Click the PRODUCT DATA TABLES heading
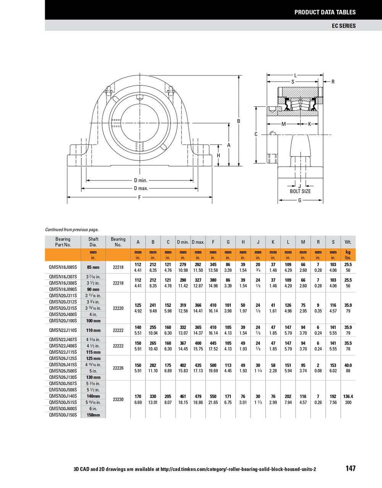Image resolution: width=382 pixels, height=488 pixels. [x=325, y=12]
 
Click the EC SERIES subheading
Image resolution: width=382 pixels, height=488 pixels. [x=343, y=26]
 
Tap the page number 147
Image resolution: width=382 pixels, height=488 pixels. [x=350, y=468]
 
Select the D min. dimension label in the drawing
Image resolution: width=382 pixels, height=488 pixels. [x=140, y=180]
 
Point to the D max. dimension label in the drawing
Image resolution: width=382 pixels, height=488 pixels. [x=141, y=188]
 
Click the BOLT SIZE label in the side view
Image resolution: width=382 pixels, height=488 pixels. [x=300, y=191]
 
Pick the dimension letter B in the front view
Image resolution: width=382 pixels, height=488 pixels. [x=239, y=121]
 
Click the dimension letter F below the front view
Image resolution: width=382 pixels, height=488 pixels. [x=139, y=197]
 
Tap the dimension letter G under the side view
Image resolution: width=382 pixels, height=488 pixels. [x=299, y=200]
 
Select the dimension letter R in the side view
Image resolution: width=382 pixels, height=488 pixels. [x=333, y=82]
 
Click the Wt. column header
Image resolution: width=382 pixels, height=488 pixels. [x=348, y=242]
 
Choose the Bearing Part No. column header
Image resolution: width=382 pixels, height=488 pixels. [x=63, y=242]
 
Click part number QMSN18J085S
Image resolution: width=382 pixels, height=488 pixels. [x=63, y=267]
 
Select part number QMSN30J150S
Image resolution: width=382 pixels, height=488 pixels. [x=63, y=415]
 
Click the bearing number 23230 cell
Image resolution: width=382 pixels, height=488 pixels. [x=118, y=399]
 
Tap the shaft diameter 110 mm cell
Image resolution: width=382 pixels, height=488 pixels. [x=93, y=330]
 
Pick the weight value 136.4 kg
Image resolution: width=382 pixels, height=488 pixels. [x=348, y=396]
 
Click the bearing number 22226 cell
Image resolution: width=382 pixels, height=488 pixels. [x=118, y=368]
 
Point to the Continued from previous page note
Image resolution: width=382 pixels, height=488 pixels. [x=72, y=230]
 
